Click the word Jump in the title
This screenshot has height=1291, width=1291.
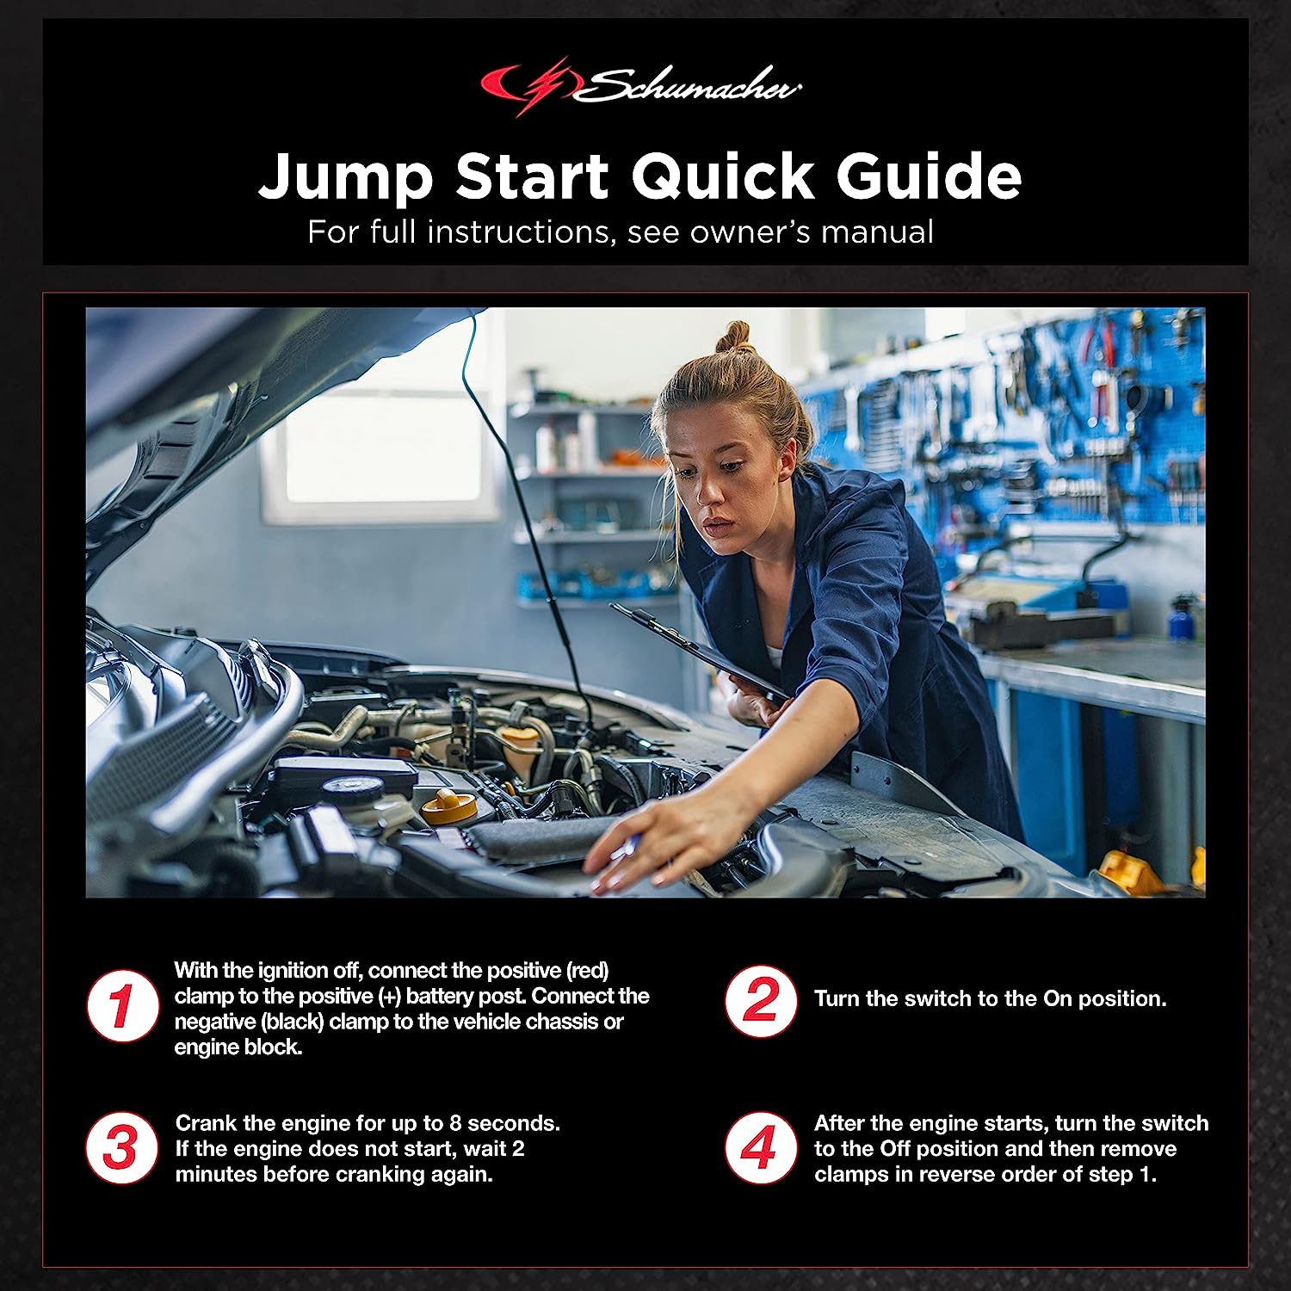click(x=345, y=177)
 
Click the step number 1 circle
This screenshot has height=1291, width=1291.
click(x=122, y=1006)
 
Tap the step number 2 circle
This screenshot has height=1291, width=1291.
click(x=760, y=1001)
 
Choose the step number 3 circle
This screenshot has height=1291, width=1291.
click(x=121, y=1148)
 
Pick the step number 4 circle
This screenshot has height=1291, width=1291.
click(x=760, y=1148)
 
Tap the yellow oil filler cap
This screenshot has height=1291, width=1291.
click(x=448, y=806)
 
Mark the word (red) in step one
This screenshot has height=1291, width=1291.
click(x=588, y=970)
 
